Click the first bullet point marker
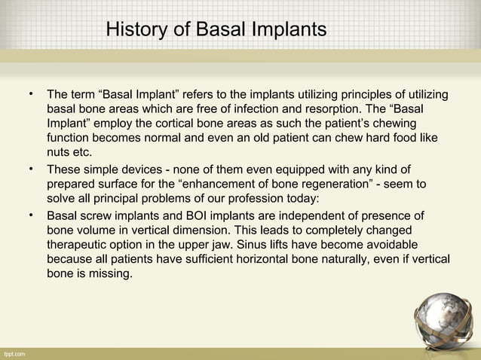pos(32,94)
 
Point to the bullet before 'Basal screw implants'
pos(32,217)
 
